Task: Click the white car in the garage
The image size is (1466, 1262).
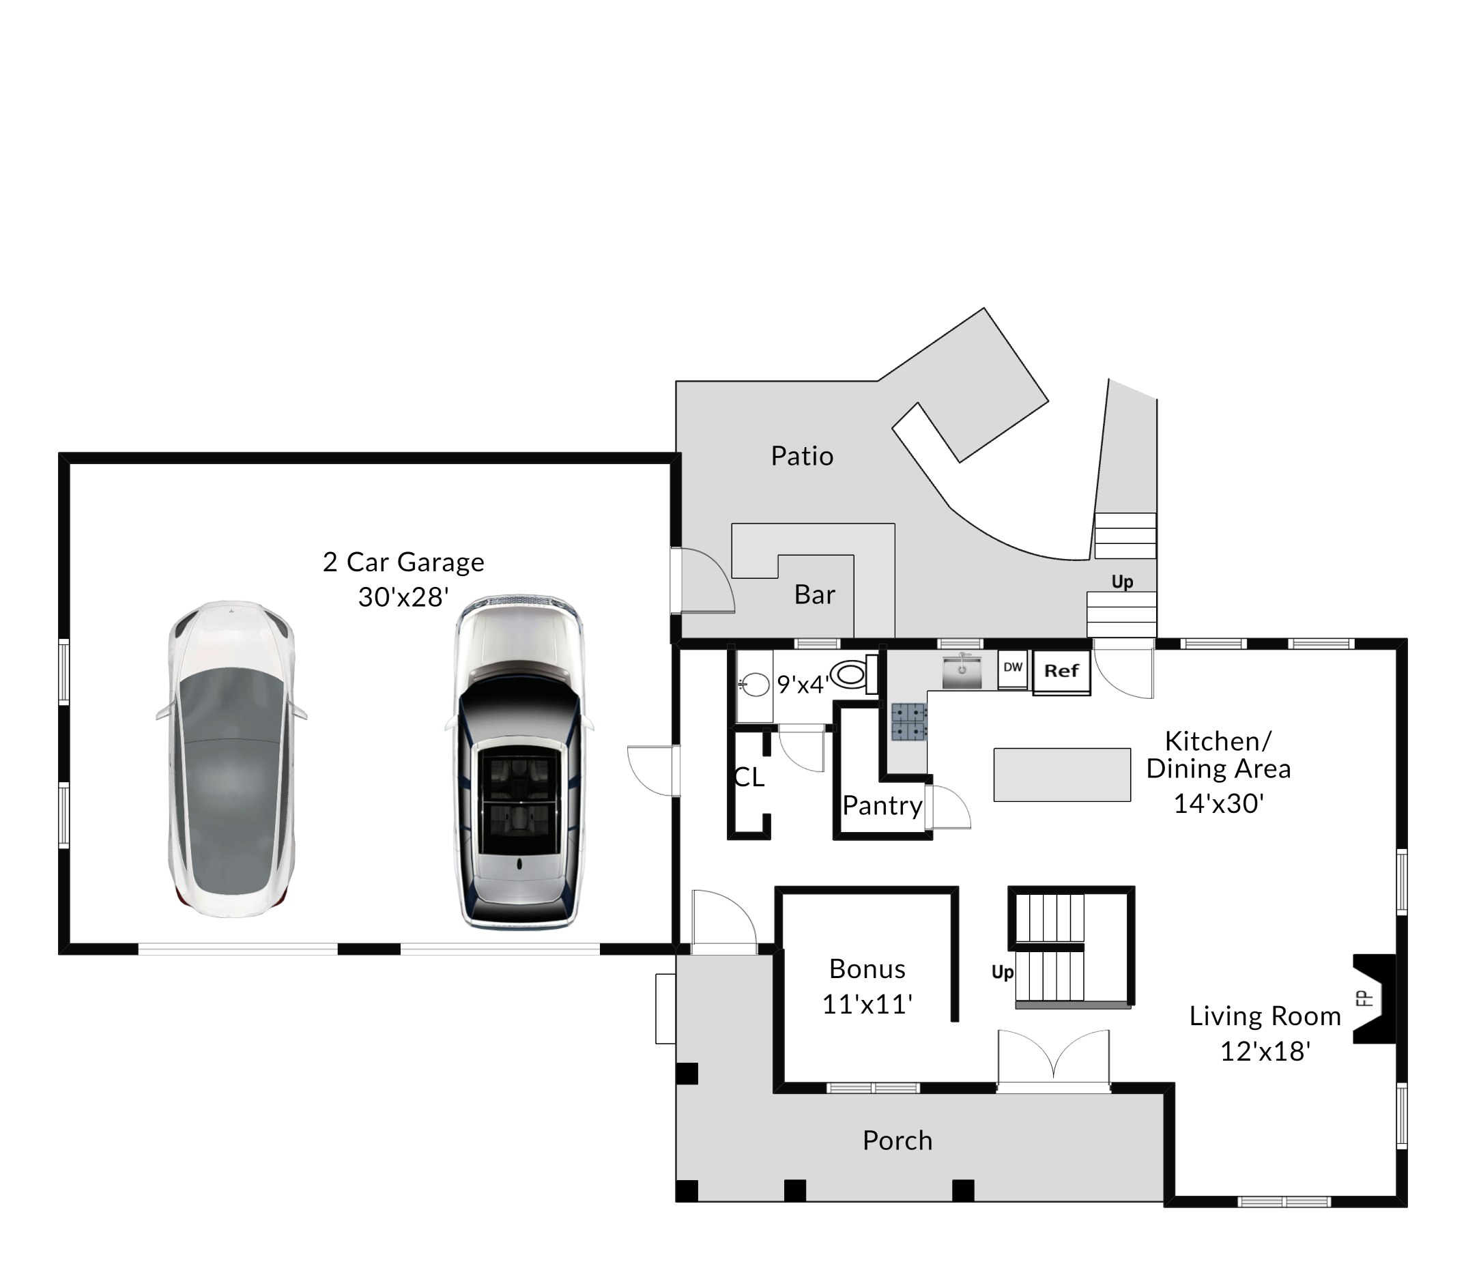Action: pos(231,758)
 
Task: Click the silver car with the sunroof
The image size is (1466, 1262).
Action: pos(519,761)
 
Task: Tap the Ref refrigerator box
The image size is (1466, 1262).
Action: pos(1061,672)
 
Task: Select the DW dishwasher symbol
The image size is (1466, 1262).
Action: pos(1012,668)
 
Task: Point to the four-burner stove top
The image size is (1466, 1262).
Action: pos(909,721)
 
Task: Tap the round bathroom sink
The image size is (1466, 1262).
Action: pos(755,685)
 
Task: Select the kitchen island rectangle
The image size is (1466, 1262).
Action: pos(1061,775)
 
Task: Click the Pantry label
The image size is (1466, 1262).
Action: pos(882,805)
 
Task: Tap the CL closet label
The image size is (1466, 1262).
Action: pos(749,777)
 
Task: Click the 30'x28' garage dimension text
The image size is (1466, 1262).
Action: pos(403,597)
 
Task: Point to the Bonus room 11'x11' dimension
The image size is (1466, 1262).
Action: pos(867,1005)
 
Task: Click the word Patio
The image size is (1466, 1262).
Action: pos(802,457)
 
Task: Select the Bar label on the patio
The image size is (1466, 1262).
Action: pos(814,595)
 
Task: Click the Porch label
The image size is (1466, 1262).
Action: pos(897,1141)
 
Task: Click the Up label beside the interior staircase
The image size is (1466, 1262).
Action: pos(1002,972)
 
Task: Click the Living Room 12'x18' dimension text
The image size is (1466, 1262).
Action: pos(1265,1051)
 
